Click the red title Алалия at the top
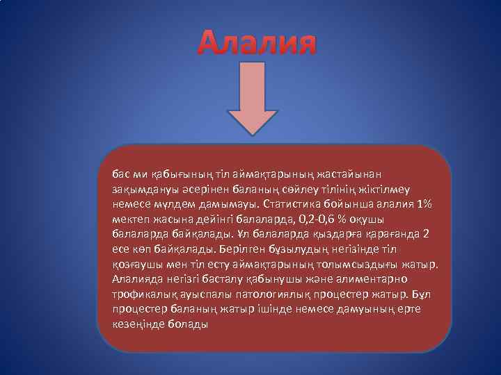[x=257, y=43]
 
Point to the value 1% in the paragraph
[x=422, y=204]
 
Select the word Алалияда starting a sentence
[x=138, y=279]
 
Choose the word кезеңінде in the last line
[x=138, y=324]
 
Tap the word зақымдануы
[x=143, y=189]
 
